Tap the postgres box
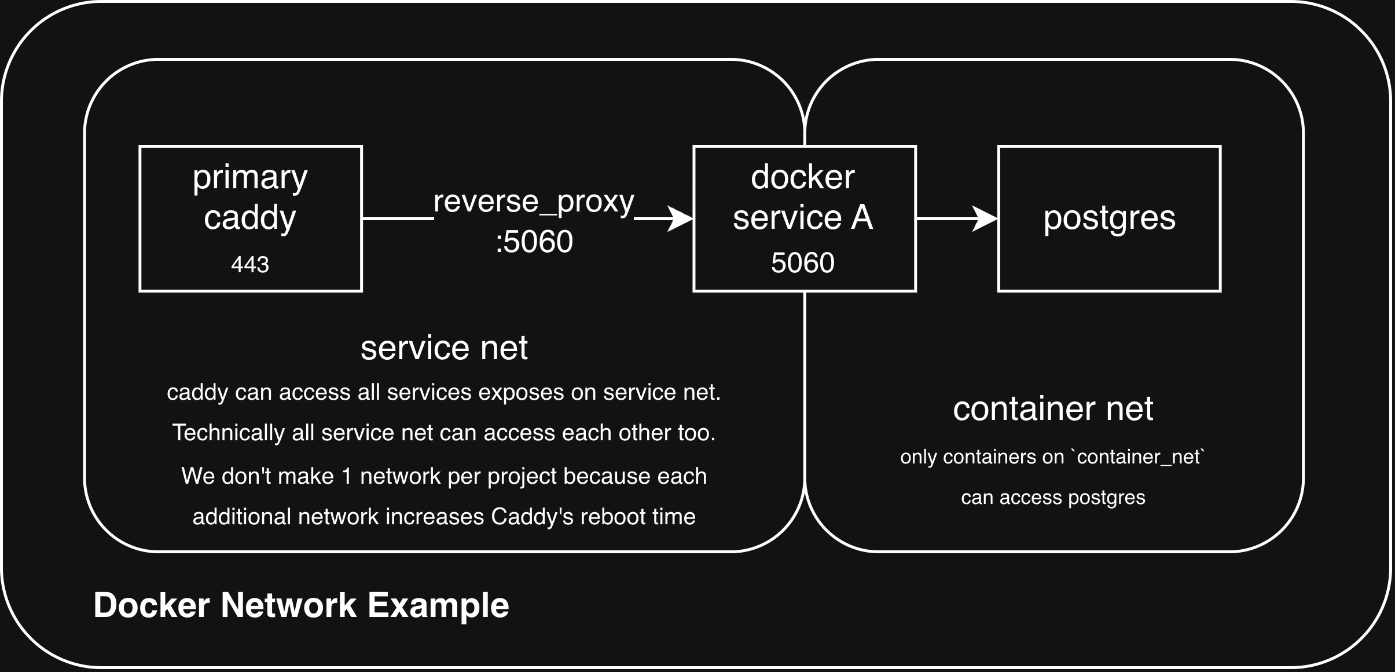[1109, 218]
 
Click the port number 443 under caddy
[250, 265]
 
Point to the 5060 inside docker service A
[803, 262]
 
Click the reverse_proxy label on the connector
[534, 202]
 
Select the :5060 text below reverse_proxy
[534, 242]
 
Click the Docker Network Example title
[301, 605]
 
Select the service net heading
[444, 348]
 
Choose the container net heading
[1053, 408]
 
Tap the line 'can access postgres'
[1053, 498]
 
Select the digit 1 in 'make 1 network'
[346, 476]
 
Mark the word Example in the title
[439, 605]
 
